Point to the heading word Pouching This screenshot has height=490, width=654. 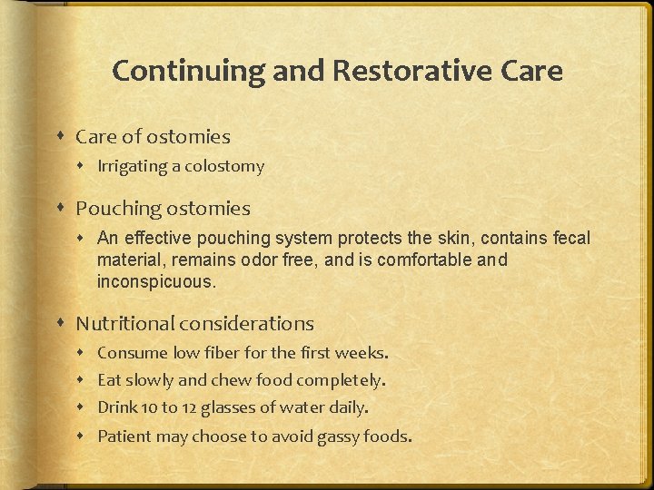tap(116, 209)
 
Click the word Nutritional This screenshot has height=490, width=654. tap(125, 323)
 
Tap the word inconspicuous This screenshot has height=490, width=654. tap(156, 281)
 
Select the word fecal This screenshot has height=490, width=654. tap(570, 239)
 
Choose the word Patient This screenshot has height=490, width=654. tap(124, 436)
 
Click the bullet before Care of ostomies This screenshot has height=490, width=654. tap(60, 137)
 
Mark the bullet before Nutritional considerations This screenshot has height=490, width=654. tap(60, 324)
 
